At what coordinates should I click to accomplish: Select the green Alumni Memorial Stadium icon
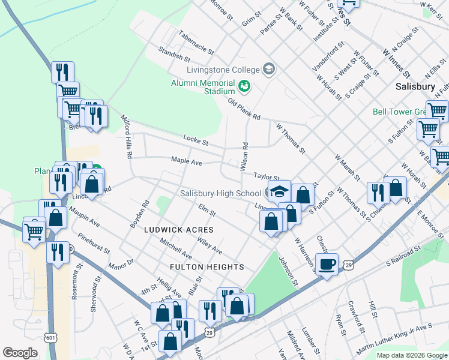(x=244, y=86)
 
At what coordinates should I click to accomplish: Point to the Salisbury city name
(x=415, y=86)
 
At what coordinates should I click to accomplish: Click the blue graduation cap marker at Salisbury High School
(x=280, y=191)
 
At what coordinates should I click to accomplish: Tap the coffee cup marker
(x=327, y=265)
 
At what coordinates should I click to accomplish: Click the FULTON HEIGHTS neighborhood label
(x=206, y=266)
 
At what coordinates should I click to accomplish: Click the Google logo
(x=20, y=352)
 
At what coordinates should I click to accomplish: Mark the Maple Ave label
(x=187, y=161)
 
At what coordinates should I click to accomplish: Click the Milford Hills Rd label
(x=127, y=136)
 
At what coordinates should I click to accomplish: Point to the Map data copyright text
(x=412, y=355)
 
